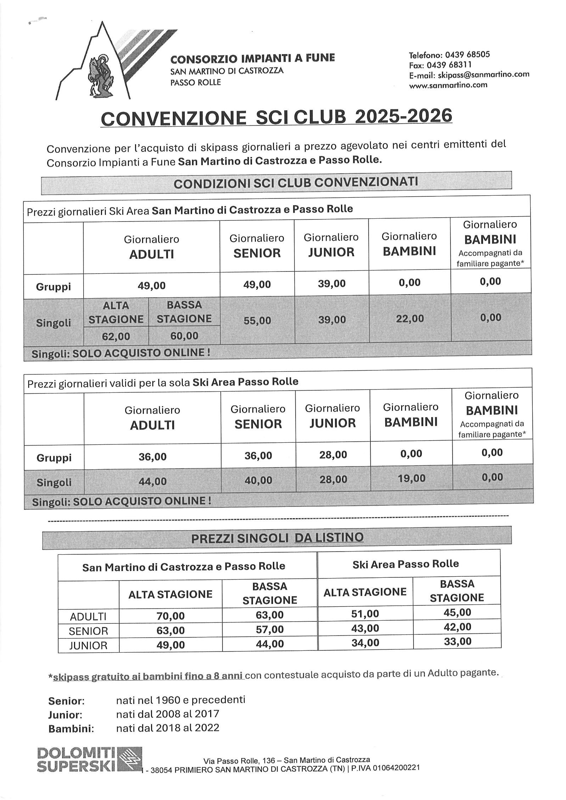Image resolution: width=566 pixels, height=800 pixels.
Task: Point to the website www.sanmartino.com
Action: click(448, 85)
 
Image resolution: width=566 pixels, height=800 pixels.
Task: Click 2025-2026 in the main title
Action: click(404, 116)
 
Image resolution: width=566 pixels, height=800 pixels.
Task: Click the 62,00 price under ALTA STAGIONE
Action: click(116, 336)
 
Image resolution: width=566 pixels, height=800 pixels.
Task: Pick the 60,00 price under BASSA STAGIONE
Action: click(184, 336)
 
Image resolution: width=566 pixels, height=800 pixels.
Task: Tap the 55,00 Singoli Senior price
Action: click(257, 320)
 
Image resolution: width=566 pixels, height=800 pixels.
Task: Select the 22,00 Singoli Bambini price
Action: click(410, 319)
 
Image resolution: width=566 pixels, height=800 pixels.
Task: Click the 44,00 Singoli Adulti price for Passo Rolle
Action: click(152, 481)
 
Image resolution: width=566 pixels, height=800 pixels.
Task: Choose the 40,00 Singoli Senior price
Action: click(258, 480)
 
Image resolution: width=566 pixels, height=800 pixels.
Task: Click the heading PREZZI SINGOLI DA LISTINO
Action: click(277, 538)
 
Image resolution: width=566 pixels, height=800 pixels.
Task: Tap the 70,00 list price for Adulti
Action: click(170, 616)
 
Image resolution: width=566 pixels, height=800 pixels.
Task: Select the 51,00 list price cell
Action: click(365, 614)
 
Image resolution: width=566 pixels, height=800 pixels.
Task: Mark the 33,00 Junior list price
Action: click(458, 641)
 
